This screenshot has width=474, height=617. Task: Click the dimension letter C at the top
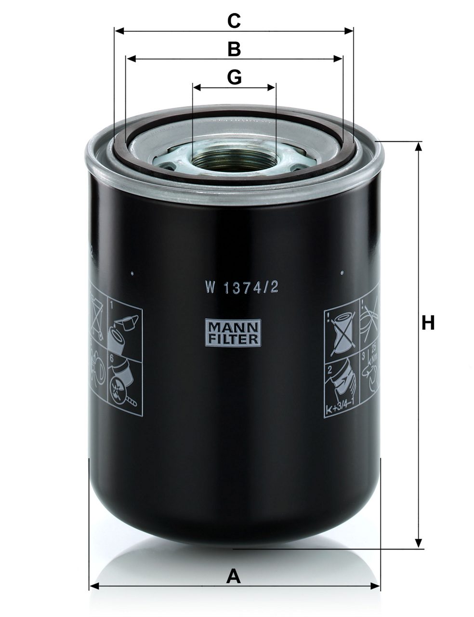click(234, 21)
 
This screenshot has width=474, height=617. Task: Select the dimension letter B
click(234, 49)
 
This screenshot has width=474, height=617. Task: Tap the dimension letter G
click(234, 77)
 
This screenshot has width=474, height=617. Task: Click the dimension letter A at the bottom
click(234, 576)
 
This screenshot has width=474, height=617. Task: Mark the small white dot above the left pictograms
click(132, 273)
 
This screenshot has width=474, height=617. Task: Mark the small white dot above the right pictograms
click(342, 273)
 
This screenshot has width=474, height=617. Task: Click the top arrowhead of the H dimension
click(419, 146)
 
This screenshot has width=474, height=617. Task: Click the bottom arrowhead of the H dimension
click(419, 544)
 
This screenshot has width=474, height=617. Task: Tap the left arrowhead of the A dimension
click(94, 586)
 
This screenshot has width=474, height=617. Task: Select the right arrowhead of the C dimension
click(349, 31)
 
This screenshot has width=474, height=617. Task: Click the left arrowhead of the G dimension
click(197, 88)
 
